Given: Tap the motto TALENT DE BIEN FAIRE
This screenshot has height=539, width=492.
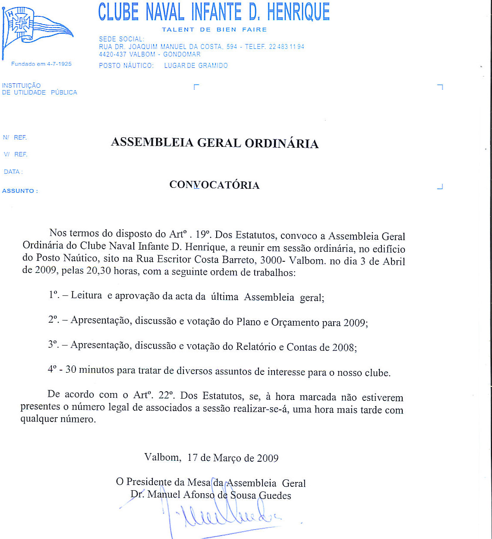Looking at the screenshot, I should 214,29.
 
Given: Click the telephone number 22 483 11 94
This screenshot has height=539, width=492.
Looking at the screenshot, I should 286,47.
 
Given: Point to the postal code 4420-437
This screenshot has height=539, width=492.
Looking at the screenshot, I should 112,54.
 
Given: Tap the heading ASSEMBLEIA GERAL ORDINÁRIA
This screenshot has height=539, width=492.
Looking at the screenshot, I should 214,143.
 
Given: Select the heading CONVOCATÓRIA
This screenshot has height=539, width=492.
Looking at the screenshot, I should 214,185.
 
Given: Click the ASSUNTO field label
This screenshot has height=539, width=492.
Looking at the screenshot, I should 20,191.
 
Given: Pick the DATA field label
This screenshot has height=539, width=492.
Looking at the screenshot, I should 13,172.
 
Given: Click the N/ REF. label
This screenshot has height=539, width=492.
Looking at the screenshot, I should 15,138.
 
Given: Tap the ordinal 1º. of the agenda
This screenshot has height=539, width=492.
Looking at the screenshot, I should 54,295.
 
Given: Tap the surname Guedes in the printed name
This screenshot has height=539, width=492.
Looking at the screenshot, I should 275,495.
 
